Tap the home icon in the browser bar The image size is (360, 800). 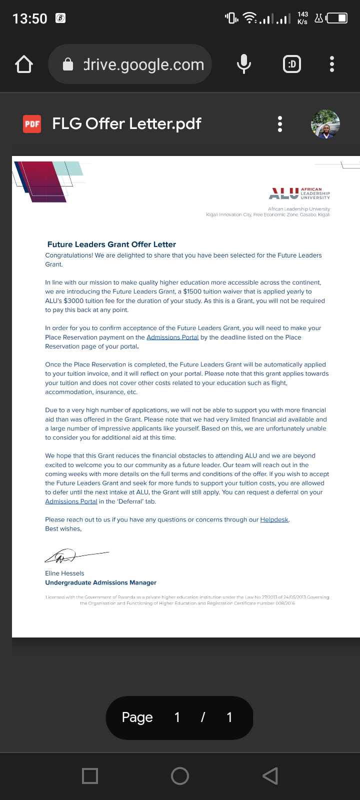[x=24, y=64]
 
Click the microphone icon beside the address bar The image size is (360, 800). [x=243, y=64]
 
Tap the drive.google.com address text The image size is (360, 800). [x=143, y=64]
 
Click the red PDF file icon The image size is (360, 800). [x=32, y=124]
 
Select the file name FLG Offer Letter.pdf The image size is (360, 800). [x=126, y=123]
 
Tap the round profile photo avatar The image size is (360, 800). [x=325, y=124]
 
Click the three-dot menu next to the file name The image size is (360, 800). [x=280, y=124]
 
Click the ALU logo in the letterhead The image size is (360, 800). [x=299, y=193]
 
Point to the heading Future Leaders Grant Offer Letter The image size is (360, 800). [x=111, y=244]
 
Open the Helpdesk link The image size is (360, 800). [x=274, y=519]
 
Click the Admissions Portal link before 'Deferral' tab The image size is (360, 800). [x=71, y=501]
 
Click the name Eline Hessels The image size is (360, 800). [x=64, y=573]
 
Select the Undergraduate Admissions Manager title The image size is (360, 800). [x=100, y=582]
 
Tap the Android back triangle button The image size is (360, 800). [x=270, y=775]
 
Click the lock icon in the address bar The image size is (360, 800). [x=68, y=64]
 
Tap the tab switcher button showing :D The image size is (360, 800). [x=292, y=64]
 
